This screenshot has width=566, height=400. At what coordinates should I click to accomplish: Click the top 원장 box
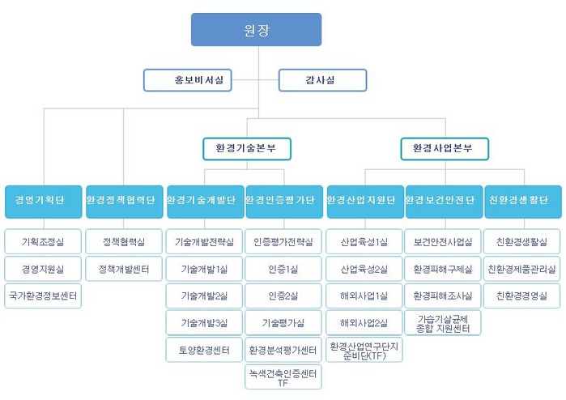[256, 30]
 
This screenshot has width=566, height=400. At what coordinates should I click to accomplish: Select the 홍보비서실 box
[188, 79]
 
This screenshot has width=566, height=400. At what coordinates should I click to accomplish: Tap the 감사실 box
[322, 79]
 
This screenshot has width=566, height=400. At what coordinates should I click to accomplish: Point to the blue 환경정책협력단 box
[124, 201]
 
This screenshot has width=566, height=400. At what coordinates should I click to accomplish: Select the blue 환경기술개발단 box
[203, 201]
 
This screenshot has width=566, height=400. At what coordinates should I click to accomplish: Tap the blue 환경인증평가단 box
[283, 201]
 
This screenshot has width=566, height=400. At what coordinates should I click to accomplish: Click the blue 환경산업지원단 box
[364, 201]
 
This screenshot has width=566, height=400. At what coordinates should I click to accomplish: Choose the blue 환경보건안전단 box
[443, 201]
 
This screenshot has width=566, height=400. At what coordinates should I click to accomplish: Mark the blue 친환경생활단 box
[522, 201]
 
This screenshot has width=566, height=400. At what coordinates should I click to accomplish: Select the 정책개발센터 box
[124, 268]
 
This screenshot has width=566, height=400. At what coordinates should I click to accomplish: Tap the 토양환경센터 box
[203, 350]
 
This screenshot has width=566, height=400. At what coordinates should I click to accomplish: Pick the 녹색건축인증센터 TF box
[283, 377]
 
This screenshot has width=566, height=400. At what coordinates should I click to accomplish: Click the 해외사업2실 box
[364, 322]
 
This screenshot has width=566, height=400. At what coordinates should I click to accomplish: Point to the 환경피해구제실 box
[443, 268]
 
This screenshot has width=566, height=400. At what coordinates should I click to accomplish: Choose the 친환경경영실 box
[522, 296]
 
